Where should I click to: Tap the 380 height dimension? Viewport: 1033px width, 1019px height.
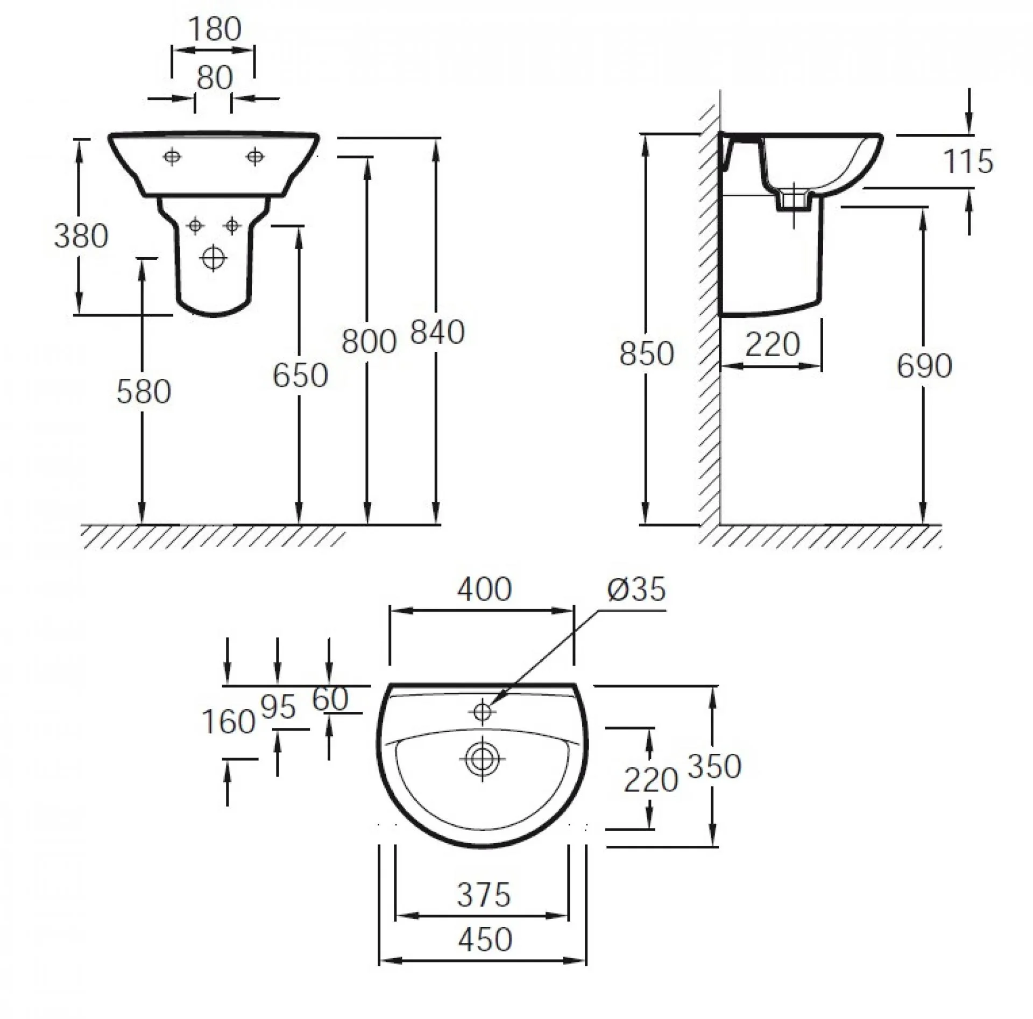(81, 236)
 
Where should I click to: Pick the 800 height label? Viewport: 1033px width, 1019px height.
(369, 341)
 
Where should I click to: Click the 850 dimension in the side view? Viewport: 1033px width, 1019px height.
(647, 354)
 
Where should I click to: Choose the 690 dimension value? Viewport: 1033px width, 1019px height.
(924, 366)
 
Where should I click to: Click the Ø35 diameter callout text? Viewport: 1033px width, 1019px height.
(637, 589)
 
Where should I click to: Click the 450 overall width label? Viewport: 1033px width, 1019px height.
(485, 940)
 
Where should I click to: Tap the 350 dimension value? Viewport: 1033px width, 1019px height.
(714, 766)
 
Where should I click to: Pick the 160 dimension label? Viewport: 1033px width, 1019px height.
(228, 721)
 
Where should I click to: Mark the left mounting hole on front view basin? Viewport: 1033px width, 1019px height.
(172, 157)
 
